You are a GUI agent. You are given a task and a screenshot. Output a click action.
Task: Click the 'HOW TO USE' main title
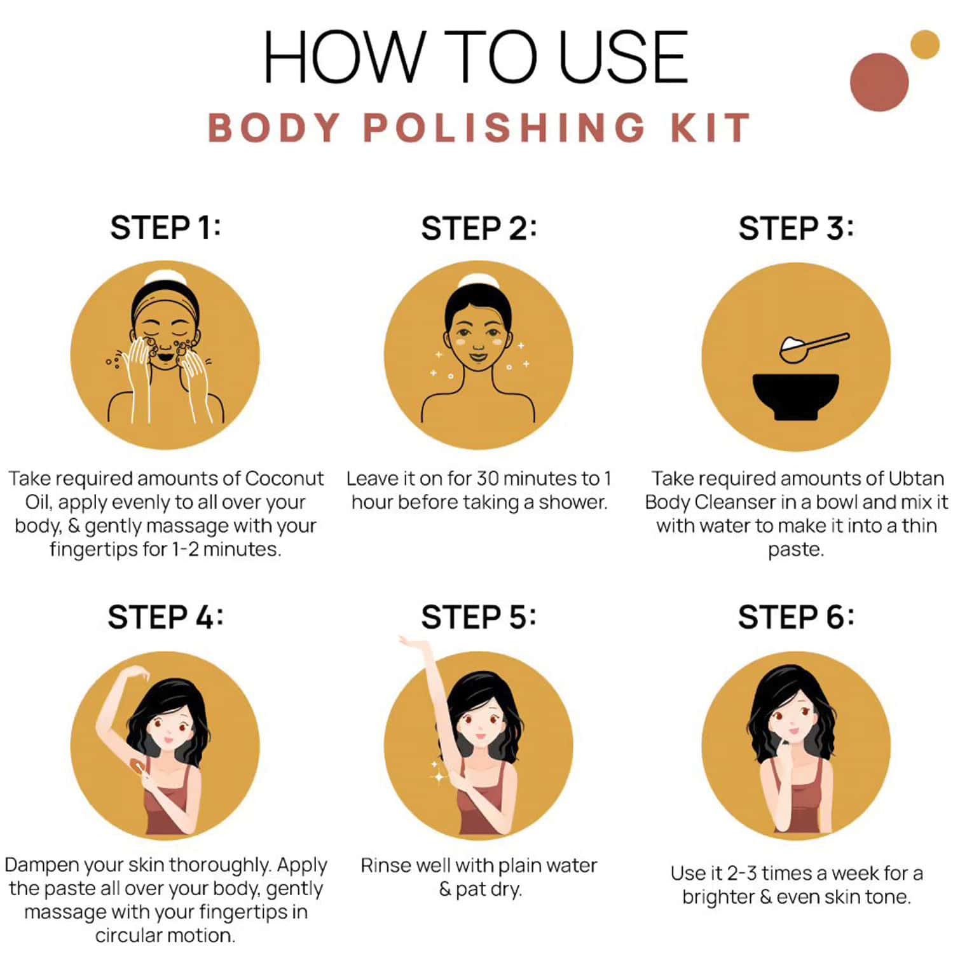476,58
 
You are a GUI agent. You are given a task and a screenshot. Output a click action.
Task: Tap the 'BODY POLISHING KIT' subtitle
479,128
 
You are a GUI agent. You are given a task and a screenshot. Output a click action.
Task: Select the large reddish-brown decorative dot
879,82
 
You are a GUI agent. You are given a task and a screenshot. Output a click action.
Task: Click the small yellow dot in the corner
924,45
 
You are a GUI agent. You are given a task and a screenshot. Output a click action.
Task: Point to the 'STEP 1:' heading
165,228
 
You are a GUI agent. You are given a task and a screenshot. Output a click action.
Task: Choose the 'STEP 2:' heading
479,228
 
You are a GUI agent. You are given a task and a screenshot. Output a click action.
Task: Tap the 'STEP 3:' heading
796,228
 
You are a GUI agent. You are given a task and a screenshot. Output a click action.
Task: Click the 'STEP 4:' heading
165,617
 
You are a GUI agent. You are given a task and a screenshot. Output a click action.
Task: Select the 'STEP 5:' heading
479,617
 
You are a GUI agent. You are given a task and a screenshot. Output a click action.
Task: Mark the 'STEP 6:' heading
796,617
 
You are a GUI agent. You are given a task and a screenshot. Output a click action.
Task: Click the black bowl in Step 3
795,394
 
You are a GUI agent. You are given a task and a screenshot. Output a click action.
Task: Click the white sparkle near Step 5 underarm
439,776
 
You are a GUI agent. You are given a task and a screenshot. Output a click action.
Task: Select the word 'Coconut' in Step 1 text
284,478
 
